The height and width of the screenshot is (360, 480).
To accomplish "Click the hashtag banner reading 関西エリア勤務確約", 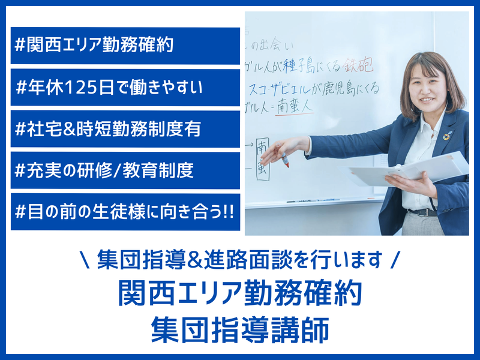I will click(125, 46).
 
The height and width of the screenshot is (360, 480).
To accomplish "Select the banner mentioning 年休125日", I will click(125, 88).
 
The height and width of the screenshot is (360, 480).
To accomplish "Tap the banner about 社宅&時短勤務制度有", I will click(125, 129).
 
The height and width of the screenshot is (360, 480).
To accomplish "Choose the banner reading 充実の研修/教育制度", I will click(125, 171).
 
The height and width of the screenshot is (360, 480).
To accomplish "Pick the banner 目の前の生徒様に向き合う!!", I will click(125, 212).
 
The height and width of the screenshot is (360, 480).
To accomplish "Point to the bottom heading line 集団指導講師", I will click(240, 329).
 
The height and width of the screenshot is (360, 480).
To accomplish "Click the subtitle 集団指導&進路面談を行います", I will click(240, 260).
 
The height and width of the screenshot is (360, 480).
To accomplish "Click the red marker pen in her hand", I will click(284, 159).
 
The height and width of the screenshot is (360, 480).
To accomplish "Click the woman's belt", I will click(423, 212).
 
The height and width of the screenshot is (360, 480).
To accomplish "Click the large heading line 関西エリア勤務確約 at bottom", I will click(240, 295).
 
